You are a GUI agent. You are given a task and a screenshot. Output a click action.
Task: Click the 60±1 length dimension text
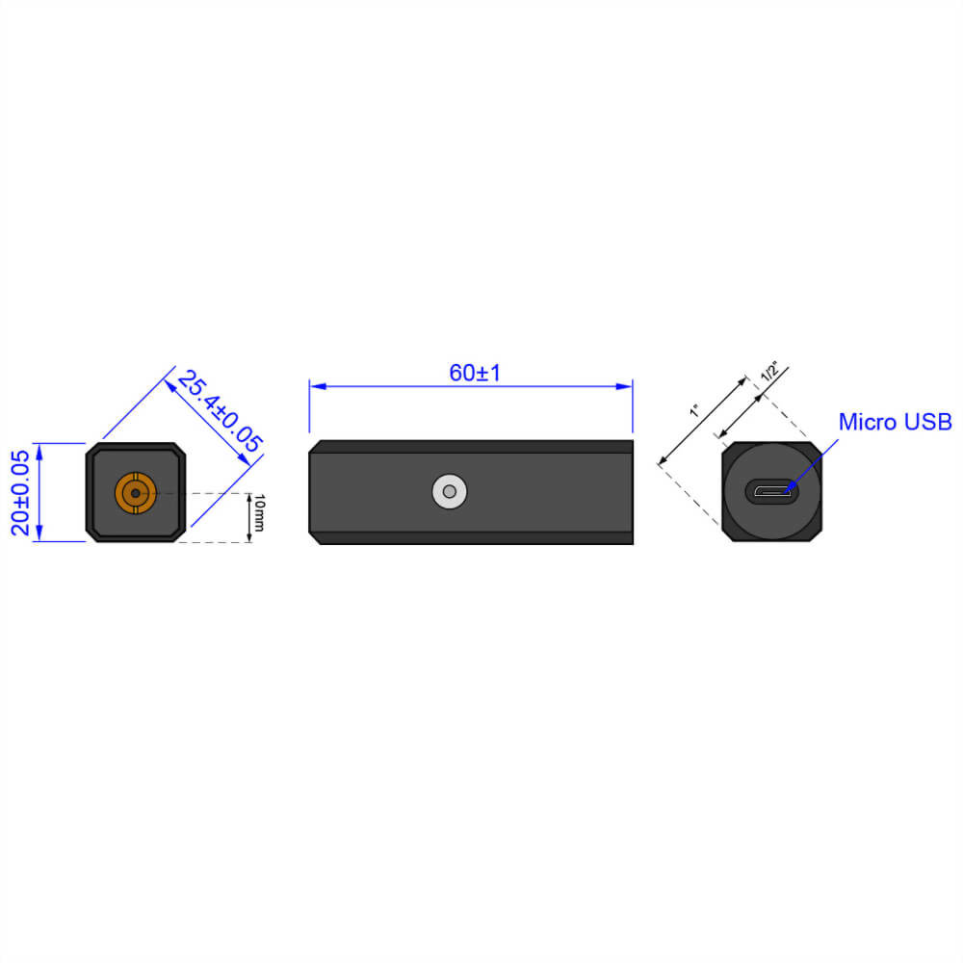tap(475, 373)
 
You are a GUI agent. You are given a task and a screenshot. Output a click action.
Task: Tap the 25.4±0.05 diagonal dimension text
tap(220, 411)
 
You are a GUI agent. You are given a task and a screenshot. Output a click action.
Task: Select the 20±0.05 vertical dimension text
tap(20, 492)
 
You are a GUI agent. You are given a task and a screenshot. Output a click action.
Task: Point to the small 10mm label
tap(259, 517)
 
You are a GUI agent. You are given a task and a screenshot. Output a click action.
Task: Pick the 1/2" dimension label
tap(769, 371)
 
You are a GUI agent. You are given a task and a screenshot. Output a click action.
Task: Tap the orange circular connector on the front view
tap(135, 493)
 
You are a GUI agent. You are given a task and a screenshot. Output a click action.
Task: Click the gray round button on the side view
tap(448, 492)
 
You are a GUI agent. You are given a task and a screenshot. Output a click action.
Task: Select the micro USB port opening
tap(772, 492)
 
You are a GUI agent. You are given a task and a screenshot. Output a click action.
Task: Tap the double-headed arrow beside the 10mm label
tap(248, 518)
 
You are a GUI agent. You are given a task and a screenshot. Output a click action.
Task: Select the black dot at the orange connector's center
tap(135, 493)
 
